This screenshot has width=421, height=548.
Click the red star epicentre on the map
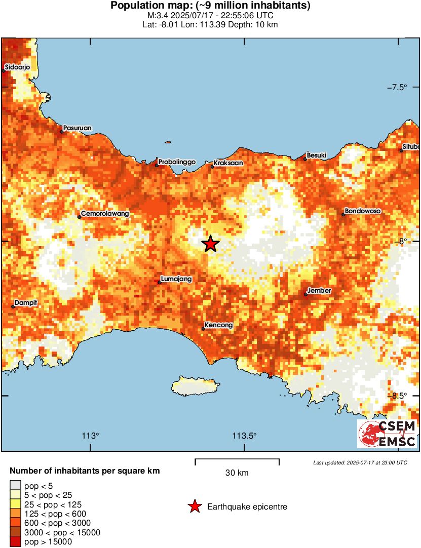point(210,244)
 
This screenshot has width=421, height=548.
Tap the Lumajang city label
point(176,279)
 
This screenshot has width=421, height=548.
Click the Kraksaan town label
point(228,163)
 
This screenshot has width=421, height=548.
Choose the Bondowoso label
point(363,211)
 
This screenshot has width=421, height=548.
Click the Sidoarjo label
point(18,67)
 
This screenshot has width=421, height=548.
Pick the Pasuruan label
point(78,128)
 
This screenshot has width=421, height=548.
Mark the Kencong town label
point(219,325)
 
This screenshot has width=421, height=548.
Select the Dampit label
point(26,303)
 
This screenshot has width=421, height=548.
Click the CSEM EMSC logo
point(387,434)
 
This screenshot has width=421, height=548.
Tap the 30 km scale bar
point(237,462)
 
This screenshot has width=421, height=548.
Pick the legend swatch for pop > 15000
point(16,542)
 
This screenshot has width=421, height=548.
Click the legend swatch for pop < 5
point(16,485)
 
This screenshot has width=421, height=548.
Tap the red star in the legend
point(194,506)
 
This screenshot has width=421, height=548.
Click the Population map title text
point(210,6)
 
